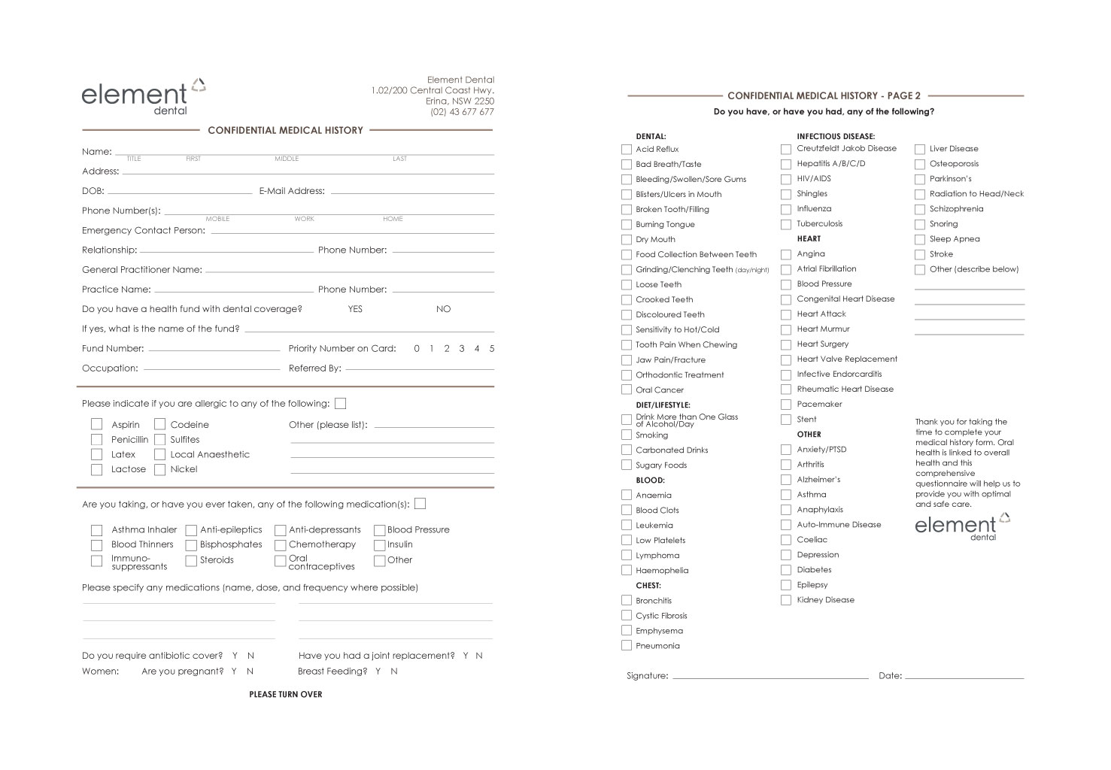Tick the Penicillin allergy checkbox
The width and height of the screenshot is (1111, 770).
click(96, 440)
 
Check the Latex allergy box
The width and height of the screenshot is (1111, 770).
click(96, 455)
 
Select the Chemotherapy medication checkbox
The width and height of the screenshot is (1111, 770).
click(280, 545)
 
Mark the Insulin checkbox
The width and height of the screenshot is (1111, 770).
click(379, 545)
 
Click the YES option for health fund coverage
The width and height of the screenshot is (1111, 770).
click(355, 309)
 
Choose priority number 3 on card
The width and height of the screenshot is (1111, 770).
click(462, 349)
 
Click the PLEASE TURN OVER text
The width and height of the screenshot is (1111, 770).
click(286, 695)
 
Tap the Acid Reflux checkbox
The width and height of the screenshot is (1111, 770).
click(627, 150)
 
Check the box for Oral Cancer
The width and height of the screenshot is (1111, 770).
click(627, 390)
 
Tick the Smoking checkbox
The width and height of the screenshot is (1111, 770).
click(627, 435)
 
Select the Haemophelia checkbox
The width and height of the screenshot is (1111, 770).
click(627, 571)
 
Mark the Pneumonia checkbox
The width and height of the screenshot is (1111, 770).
click(627, 646)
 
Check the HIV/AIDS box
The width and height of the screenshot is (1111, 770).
click(786, 179)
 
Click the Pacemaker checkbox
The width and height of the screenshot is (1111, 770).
click(786, 405)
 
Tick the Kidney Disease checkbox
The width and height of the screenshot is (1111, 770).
click(786, 600)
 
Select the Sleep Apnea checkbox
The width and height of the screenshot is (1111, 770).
click(920, 239)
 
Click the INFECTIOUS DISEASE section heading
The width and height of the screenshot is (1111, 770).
click(836, 137)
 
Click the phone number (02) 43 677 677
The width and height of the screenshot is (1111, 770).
click(462, 112)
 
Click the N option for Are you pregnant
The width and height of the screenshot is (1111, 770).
click(250, 671)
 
